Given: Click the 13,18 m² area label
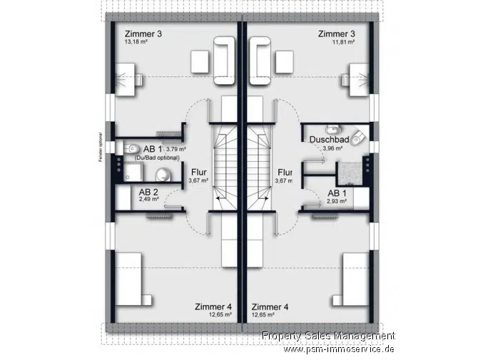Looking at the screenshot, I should [x=136, y=42].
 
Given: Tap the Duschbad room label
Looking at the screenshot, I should [x=329, y=140].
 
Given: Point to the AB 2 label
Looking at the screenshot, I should [x=148, y=192].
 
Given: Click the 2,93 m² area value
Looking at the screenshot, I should [x=337, y=201].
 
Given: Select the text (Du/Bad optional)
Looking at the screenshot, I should [x=156, y=157].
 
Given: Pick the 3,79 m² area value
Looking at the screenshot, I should [x=176, y=149].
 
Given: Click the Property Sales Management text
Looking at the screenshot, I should [x=327, y=336].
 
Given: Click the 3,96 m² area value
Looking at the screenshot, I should [x=332, y=148].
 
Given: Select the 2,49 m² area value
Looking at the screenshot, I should [x=148, y=200].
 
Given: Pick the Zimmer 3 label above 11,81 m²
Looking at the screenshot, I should [x=336, y=34].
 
